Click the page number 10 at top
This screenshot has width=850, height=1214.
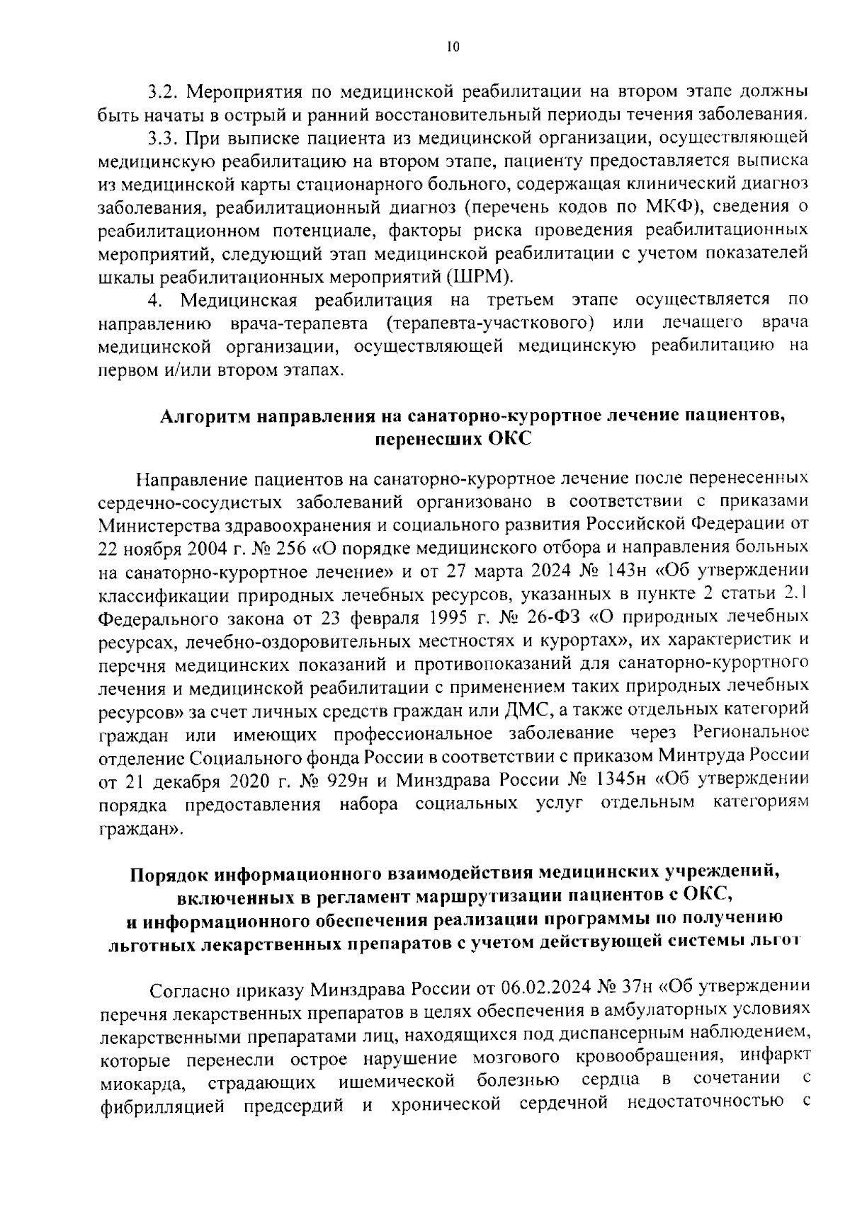pyautogui.click(x=453, y=47)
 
